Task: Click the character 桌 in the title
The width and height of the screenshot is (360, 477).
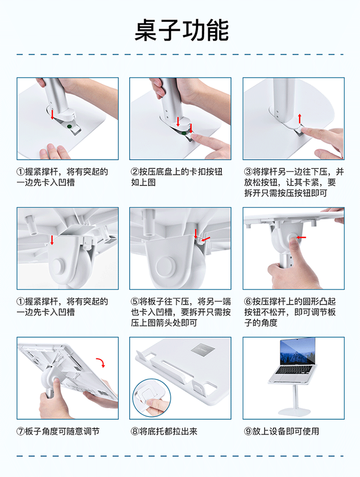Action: point(145,30)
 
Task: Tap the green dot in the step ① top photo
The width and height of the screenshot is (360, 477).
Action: point(69,126)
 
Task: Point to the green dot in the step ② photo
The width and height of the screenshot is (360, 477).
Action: point(184,133)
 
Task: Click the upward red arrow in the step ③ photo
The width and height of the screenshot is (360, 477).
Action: point(300,118)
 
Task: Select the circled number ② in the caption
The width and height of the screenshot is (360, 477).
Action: point(135,172)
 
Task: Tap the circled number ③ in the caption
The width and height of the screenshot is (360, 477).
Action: point(248,172)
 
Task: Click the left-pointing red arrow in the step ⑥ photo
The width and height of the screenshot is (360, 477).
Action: point(301,237)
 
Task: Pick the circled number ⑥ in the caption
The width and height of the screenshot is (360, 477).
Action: point(248,302)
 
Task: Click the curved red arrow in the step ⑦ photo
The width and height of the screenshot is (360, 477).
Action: point(101,362)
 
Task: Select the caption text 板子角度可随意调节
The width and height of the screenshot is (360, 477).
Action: point(62,431)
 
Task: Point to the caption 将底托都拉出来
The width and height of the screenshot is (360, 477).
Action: point(168,431)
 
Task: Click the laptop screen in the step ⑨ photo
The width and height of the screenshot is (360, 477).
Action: point(297,351)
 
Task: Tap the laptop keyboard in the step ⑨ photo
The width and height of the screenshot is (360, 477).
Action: point(294,369)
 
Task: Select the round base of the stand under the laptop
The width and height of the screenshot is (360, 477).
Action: point(294,412)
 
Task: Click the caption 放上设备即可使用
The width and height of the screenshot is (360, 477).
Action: point(286,431)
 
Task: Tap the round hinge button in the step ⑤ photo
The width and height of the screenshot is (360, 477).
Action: point(166,267)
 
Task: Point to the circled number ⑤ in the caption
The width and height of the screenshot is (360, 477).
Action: point(135,302)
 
